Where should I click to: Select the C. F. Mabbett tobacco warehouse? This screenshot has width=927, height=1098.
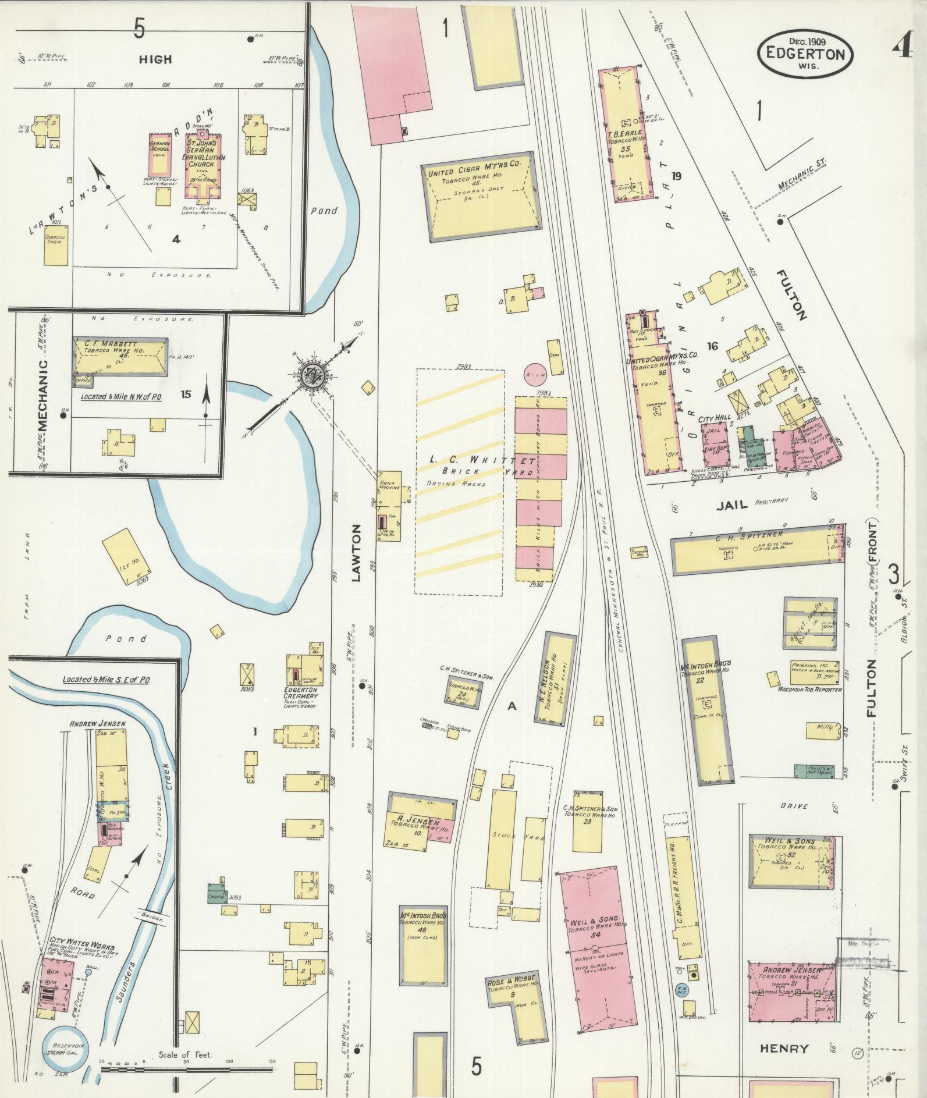pos(119,356)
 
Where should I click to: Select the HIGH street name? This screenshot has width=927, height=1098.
pos(155,59)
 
